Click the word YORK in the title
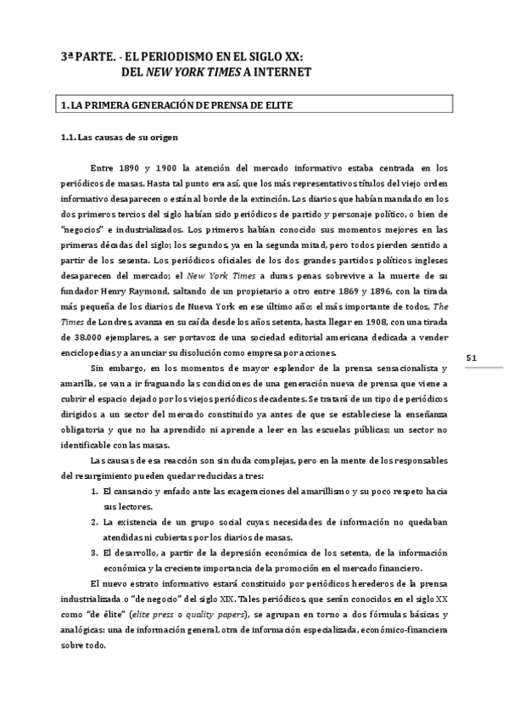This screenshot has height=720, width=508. pyautogui.click(x=211, y=72)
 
